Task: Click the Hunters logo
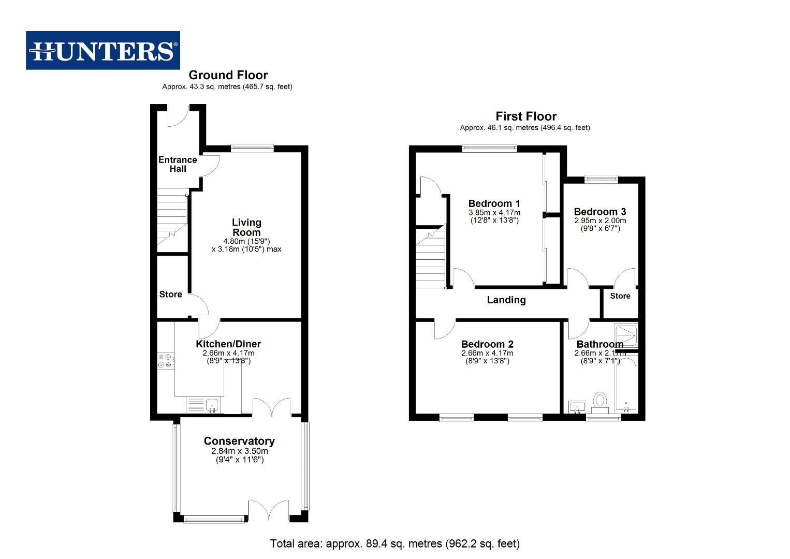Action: [103, 50]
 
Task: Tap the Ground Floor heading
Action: [228, 75]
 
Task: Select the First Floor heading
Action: [526, 116]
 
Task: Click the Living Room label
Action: [246, 227]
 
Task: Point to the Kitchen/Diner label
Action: [228, 344]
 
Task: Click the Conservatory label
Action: [239, 441]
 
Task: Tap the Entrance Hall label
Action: [178, 164]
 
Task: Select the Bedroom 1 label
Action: [494, 203]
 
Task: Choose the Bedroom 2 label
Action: [487, 344]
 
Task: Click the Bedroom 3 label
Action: [600, 212]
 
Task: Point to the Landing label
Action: [506, 300]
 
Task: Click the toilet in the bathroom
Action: [600, 401]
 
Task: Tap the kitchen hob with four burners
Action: [166, 361]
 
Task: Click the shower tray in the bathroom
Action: [625, 336]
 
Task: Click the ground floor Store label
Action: [170, 295]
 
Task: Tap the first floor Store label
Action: [620, 296]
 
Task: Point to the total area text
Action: [394, 543]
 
